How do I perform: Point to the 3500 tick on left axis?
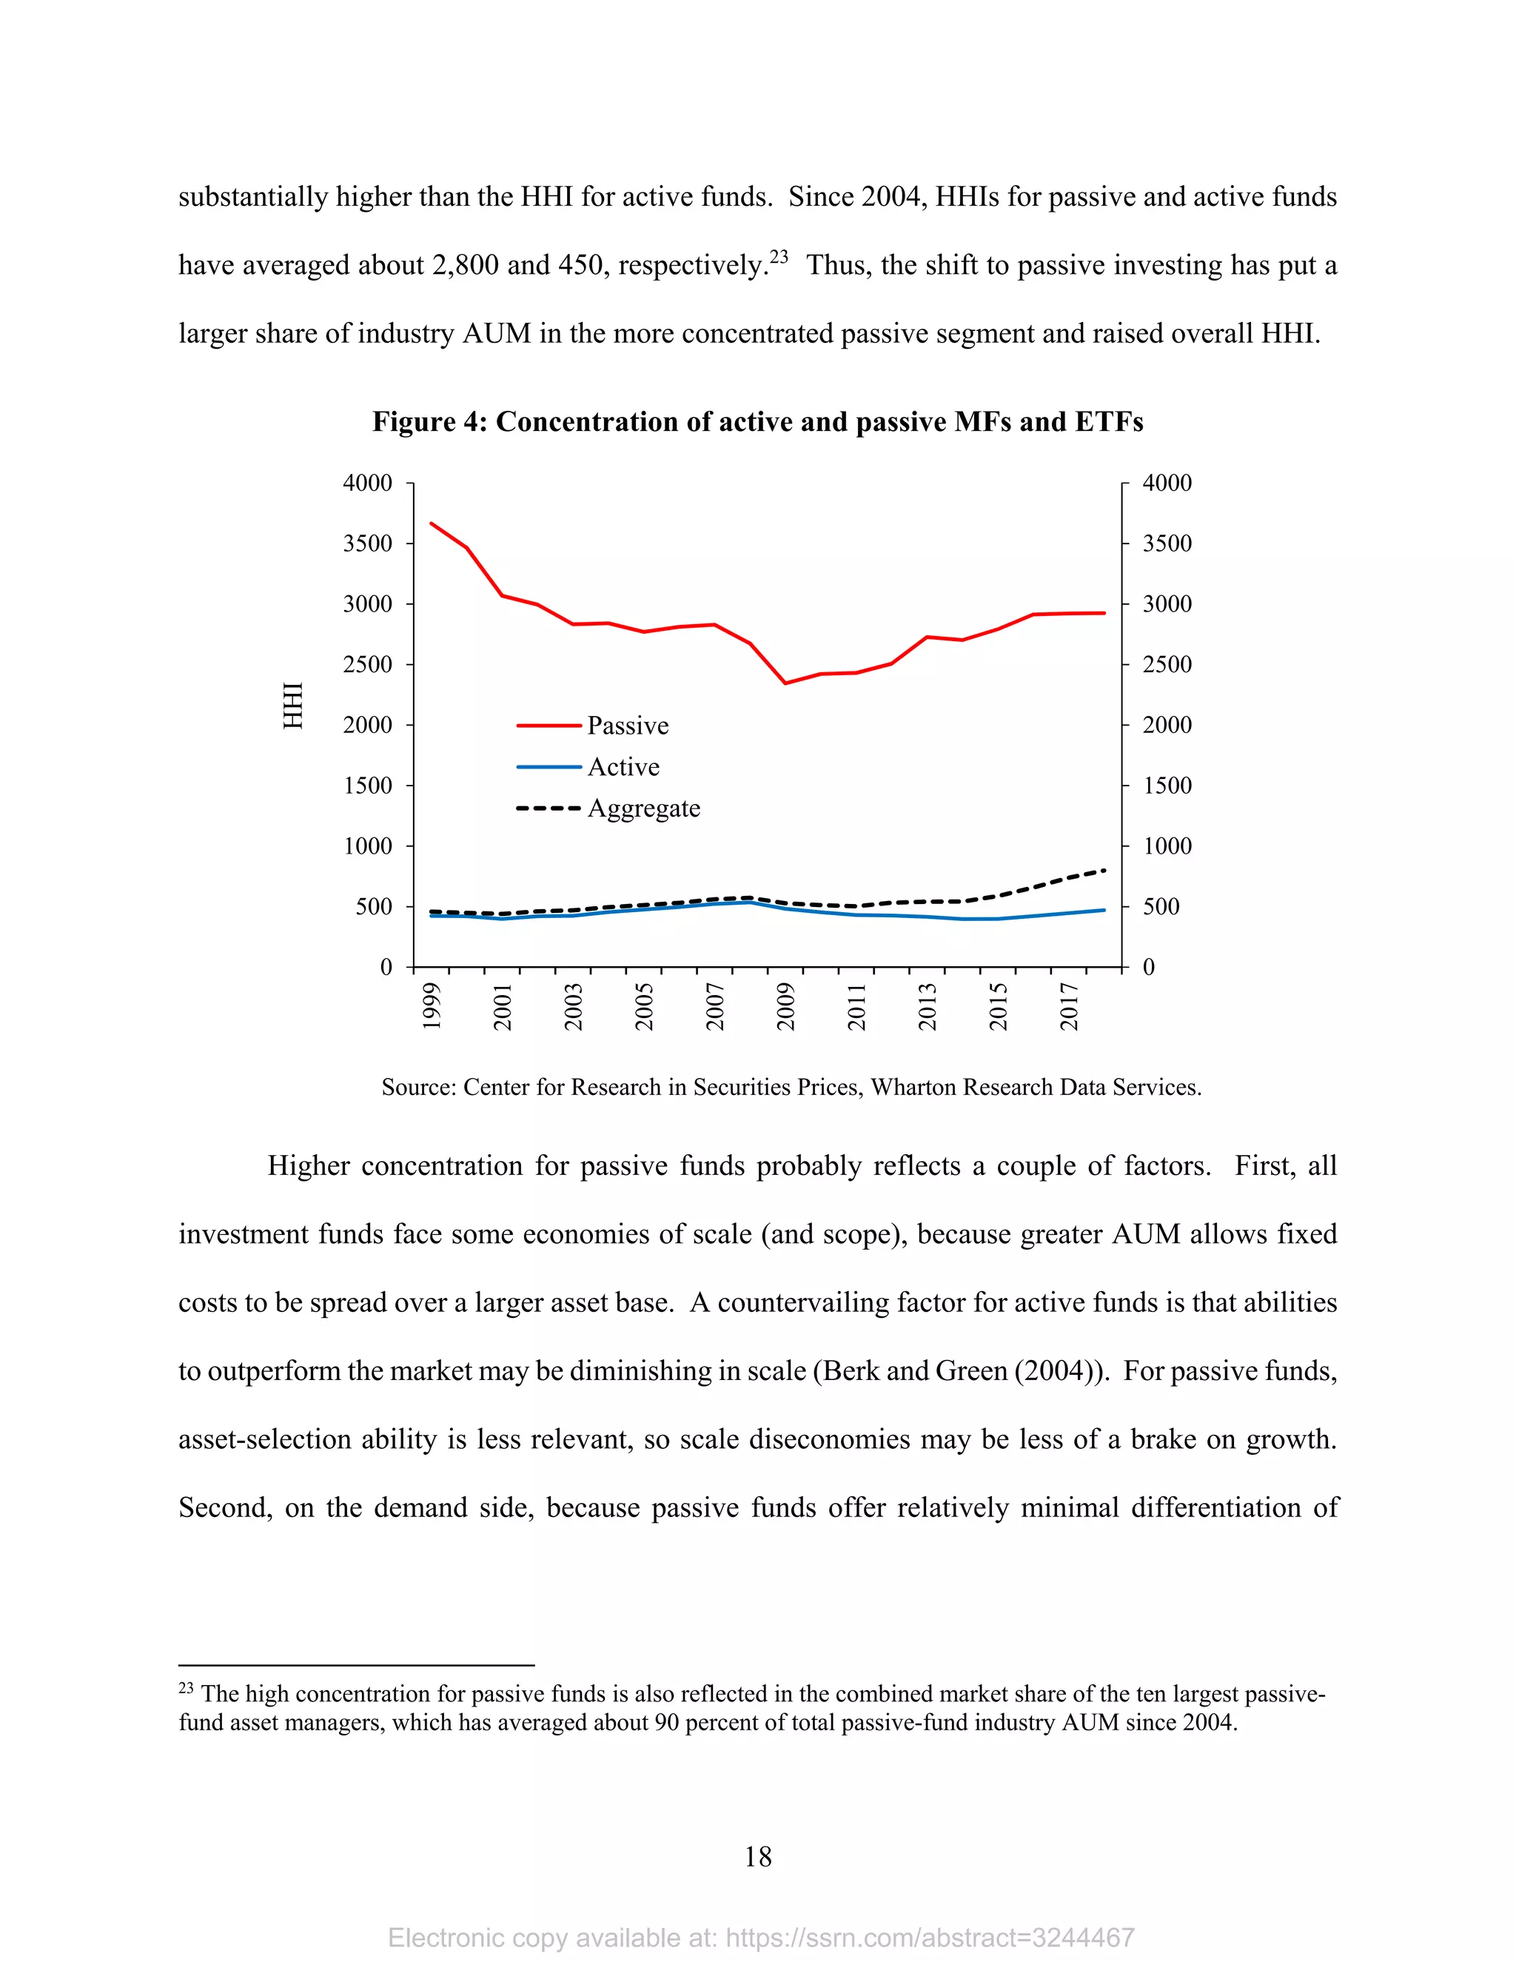tap(367, 543)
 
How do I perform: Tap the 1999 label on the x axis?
tap(432, 1007)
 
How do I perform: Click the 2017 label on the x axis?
tap(1069, 1007)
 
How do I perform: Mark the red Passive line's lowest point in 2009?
tap(785, 683)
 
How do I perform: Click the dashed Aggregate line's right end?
tap(1104, 870)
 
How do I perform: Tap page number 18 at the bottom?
tap(758, 1857)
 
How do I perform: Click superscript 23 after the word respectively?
tap(779, 257)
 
